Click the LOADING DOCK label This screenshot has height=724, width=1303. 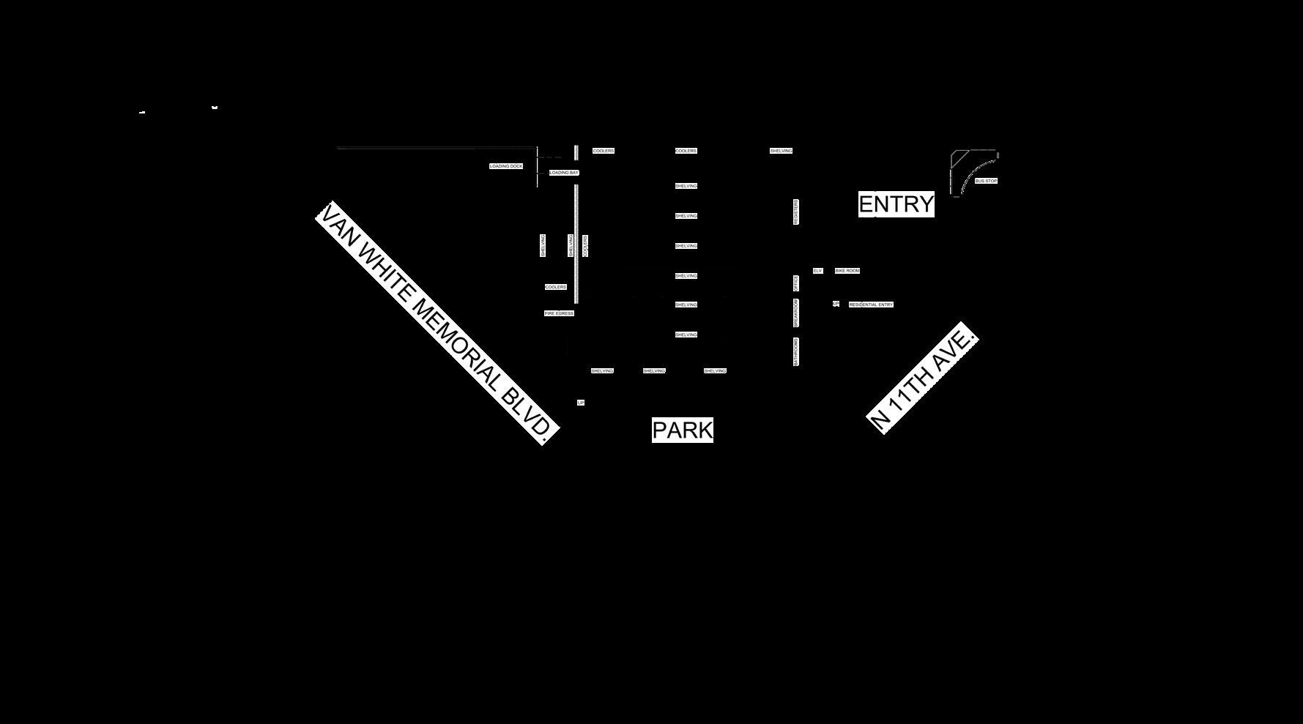(506, 166)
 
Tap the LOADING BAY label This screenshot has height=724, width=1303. (564, 173)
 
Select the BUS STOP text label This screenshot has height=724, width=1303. (986, 181)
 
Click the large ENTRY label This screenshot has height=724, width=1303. (896, 204)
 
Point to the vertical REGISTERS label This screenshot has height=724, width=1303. (796, 212)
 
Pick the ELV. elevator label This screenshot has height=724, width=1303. (817, 271)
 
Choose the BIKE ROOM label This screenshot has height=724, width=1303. (847, 271)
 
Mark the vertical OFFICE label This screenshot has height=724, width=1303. (796, 283)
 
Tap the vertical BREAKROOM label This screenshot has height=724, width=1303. (796, 313)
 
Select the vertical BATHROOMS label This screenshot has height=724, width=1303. (796, 351)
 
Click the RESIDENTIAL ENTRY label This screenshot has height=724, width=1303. (871, 305)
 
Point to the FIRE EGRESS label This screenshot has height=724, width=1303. (559, 313)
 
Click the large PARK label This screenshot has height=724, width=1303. (682, 430)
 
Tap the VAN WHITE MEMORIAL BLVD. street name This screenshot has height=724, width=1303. (437, 323)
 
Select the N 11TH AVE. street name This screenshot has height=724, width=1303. (923, 378)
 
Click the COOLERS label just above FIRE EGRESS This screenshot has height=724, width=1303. (556, 287)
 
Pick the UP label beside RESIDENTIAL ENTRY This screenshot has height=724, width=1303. (836, 304)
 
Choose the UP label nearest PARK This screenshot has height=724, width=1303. (581, 403)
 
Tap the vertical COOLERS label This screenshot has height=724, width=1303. (585, 246)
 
